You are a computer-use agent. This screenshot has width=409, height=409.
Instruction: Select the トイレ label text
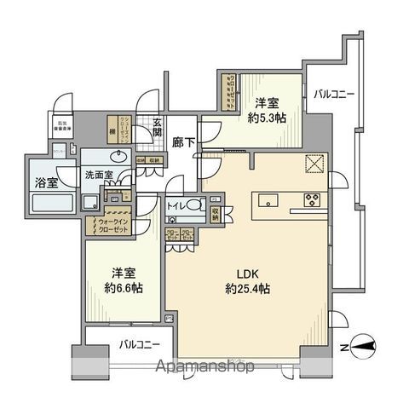[x=177, y=205]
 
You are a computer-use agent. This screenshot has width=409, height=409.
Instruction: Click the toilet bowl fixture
[x=195, y=205]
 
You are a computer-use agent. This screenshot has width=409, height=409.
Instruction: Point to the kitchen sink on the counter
[x=268, y=202]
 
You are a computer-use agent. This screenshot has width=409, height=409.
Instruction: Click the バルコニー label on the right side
[x=332, y=95]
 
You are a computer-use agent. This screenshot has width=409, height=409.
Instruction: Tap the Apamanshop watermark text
[x=204, y=367]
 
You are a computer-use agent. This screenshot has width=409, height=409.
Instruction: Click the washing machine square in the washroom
[x=89, y=202]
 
